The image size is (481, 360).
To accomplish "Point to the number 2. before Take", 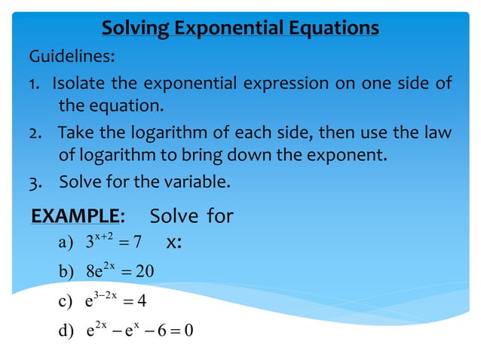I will tap(35, 133).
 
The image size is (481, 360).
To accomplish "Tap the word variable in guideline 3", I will tap(195, 182).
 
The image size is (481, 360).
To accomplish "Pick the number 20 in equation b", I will tap(145, 272).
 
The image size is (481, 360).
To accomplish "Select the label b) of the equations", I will tap(66, 272).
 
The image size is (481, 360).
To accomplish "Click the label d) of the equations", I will tap(66, 331).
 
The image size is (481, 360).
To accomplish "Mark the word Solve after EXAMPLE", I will tap(174, 217).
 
